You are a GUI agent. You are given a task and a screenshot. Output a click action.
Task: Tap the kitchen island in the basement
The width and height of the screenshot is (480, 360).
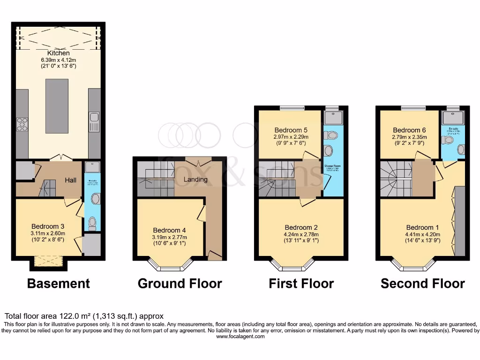57,106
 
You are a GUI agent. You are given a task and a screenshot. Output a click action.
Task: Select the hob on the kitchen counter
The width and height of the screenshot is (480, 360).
22,124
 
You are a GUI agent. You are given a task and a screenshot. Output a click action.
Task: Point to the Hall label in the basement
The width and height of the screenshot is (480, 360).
71,180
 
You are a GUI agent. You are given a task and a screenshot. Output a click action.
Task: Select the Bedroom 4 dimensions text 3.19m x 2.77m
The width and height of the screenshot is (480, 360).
169,238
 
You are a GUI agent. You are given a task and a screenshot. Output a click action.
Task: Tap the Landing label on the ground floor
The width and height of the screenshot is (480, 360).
195,179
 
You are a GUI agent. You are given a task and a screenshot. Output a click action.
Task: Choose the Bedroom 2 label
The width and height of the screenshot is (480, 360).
301,228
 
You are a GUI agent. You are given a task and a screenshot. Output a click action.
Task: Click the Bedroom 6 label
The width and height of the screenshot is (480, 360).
407,130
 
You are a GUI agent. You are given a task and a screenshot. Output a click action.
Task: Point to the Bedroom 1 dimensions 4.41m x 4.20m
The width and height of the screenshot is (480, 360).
420,235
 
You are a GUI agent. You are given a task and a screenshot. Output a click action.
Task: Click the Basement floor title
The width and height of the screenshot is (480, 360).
58,284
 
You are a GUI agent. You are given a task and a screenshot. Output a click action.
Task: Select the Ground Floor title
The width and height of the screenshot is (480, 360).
180,284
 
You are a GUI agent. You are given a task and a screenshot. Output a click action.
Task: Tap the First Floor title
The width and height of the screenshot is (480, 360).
301,284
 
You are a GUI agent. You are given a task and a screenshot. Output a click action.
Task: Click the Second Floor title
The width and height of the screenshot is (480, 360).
422,284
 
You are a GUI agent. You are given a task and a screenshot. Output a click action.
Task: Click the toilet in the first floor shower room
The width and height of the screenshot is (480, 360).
332,135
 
